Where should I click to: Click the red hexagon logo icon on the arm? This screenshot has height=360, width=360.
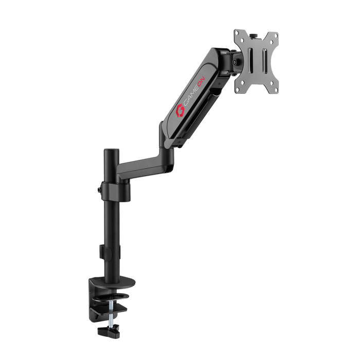point(181,109)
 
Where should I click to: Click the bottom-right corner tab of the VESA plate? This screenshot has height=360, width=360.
point(274,92)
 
